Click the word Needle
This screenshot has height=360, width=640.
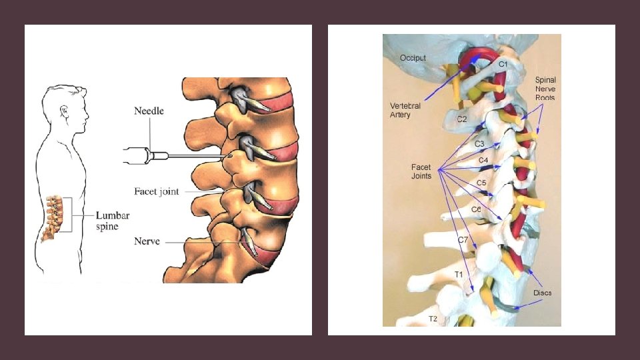[149, 111]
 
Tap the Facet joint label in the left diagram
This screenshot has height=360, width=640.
[157, 191]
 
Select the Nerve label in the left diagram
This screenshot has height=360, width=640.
[147, 241]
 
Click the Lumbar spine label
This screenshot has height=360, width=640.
[113, 221]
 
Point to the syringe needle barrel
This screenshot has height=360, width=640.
[137, 157]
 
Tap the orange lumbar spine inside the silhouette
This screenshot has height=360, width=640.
[55, 216]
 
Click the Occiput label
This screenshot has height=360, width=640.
[413, 59]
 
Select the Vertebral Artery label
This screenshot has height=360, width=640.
[405, 111]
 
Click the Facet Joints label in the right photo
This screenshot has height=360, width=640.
[421, 171]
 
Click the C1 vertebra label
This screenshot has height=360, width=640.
[503, 63]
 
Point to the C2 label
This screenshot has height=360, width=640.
[462, 119]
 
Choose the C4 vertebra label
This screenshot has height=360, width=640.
[484, 161]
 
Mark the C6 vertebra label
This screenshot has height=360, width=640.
[476, 209]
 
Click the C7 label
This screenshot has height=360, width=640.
[463, 240]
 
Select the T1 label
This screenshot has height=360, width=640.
[459, 274]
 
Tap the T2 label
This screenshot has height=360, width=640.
[433, 319]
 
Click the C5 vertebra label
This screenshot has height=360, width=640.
[481, 183]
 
